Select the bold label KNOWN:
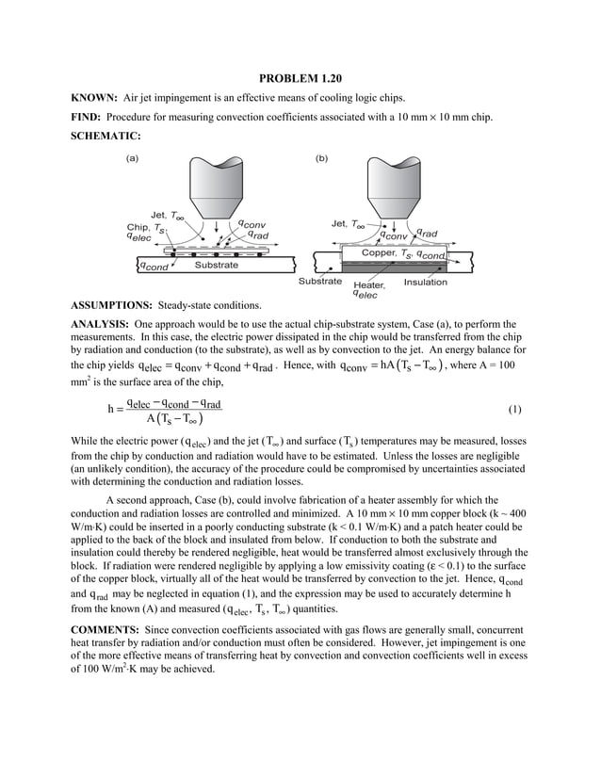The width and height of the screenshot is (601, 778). click(x=95, y=98)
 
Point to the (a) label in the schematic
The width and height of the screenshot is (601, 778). click(x=132, y=158)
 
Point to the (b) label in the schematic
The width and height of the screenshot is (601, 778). click(x=321, y=158)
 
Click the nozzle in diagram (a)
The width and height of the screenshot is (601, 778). click(x=218, y=185)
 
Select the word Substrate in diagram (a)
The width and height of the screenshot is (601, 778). click(x=216, y=266)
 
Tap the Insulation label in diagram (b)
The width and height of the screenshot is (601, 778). click(x=425, y=282)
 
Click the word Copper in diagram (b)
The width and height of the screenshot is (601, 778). click(x=381, y=253)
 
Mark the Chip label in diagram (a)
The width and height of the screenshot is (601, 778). click(x=138, y=227)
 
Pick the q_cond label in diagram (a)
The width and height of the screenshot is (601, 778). click(x=154, y=267)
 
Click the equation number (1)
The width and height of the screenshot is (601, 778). click(x=514, y=410)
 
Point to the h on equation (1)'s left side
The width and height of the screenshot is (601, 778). click(x=111, y=410)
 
